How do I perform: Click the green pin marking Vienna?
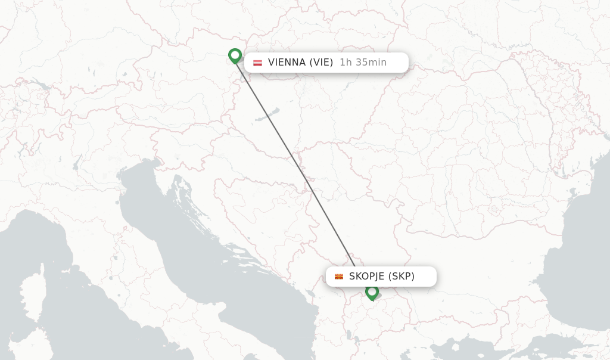click(235, 55)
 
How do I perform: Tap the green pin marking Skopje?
click(372, 292)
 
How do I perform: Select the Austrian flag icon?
click(257, 63)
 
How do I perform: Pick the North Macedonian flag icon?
click(339, 277)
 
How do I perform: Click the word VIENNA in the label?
click(287, 62)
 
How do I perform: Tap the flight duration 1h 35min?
click(363, 62)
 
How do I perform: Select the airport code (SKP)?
click(402, 276)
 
